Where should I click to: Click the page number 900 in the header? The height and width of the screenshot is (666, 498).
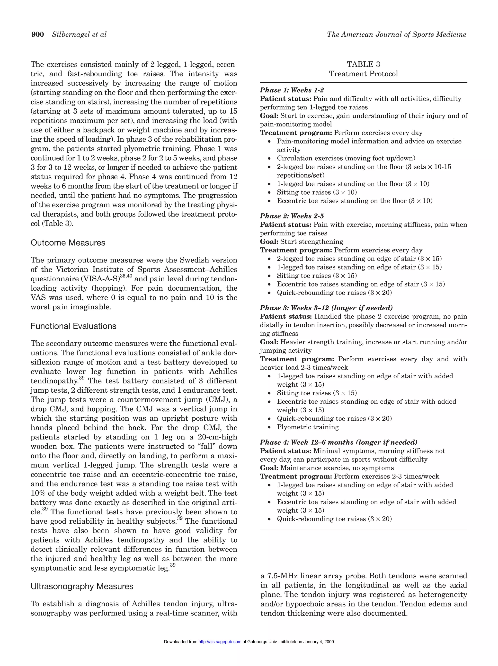click(38, 35)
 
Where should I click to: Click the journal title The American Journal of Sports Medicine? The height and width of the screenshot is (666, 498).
click(396, 35)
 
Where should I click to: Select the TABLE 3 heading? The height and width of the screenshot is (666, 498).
click(363, 64)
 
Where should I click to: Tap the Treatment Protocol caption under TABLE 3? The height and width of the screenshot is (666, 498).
click(363, 74)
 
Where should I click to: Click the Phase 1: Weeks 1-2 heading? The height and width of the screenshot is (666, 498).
click(292, 90)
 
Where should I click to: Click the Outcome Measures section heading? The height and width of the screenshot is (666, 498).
click(68, 243)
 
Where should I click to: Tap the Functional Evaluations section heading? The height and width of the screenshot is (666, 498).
click(73, 326)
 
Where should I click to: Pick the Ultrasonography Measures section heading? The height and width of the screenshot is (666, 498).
click(82, 587)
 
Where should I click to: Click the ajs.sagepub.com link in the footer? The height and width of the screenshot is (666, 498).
click(220, 642)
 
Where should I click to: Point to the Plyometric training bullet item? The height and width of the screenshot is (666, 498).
click(308, 427)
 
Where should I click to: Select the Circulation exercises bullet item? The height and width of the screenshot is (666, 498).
click(346, 158)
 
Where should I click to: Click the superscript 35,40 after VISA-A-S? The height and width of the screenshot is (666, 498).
click(126, 276)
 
